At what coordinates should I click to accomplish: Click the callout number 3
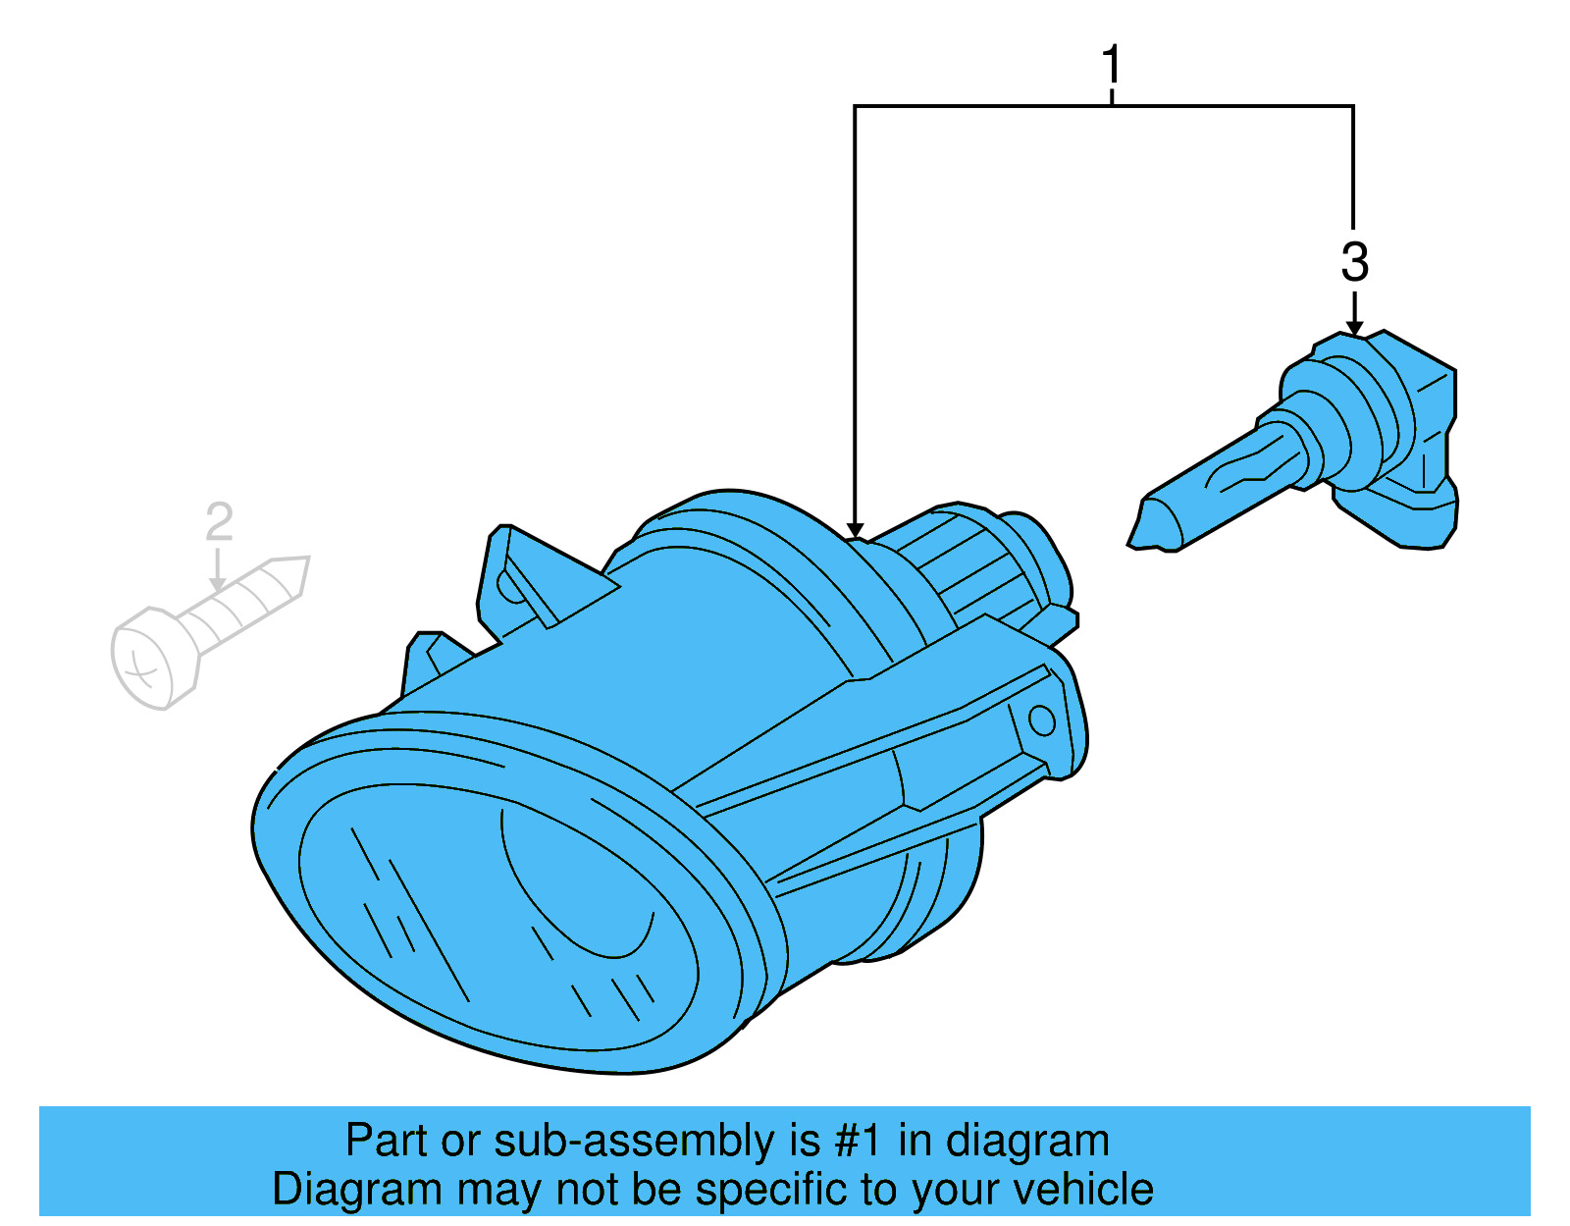point(1354,262)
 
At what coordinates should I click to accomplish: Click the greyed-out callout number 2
point(219,522)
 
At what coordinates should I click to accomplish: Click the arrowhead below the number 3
point(1354,327)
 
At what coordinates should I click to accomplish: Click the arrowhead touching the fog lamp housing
point(855,530)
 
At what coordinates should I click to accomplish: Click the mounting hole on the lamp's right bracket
point(1041,721)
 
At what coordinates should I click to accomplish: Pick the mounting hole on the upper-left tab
point(510,587)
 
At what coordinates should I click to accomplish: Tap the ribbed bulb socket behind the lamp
point(971,569)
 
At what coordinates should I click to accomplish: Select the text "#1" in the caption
point(859,1142)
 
